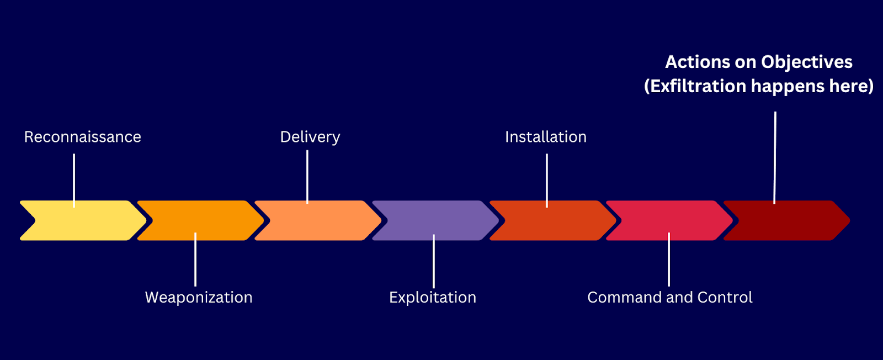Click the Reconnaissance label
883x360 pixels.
coord(83,137)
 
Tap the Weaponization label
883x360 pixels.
coord(199,298)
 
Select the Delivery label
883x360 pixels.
coord(310,137)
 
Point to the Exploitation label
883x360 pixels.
coord(433,298)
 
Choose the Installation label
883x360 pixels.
coord(546,137)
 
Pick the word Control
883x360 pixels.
coord(725,298)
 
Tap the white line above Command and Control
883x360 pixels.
coord(669,259)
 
